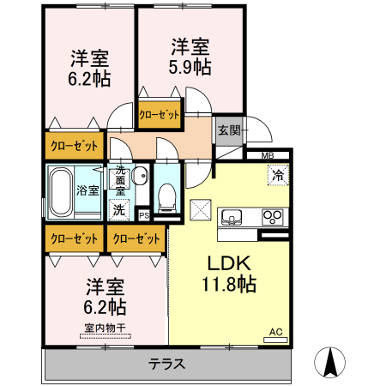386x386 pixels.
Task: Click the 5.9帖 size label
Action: pyautogui.click(x=190, y=67)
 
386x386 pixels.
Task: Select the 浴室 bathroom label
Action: pyautogui.click(x=87, y=190)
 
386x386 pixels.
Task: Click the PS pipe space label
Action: pyautogui.click(x=144, y=215)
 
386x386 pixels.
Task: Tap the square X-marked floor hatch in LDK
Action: pyautogui.click(x=202, y=209)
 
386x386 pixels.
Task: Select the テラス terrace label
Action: pyautogui.click(x=167, y=363)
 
